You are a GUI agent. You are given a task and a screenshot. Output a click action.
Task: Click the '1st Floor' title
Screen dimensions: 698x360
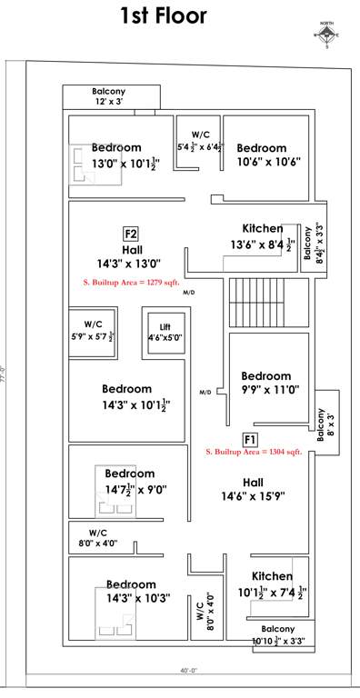tap(164, 15)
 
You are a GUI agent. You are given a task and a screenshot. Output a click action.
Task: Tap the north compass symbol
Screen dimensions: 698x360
tap(326, 35)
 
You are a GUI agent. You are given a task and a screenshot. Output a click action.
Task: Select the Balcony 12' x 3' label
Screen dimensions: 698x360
tap(108, 96)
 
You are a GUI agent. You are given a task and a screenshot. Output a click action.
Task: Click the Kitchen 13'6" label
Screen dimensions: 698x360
tap(262, 236)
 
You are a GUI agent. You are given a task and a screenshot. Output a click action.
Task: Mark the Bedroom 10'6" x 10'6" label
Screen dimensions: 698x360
tap(262, 155)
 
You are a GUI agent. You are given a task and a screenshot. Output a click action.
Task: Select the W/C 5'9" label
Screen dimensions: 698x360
tap(93, 330)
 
